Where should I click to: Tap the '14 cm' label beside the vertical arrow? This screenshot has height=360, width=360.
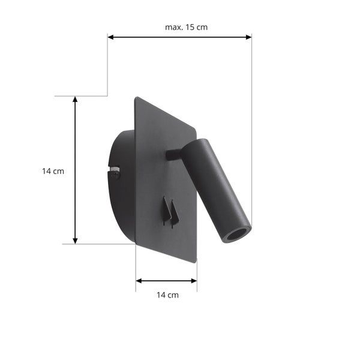coord(53,171)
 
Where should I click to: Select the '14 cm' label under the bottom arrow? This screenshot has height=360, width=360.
coord(167,295)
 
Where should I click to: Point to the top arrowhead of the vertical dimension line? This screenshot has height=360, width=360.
coord(75,100)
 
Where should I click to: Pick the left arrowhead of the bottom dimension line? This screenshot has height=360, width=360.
coord(139,280)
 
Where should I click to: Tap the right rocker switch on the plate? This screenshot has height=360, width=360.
coord(175,213)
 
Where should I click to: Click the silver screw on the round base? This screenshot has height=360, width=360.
coord(115,173)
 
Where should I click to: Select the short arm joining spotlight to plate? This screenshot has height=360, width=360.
coord(173,155)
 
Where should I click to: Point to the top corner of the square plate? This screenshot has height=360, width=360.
coord(136,98)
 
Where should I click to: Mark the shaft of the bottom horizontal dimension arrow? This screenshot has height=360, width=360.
coord(166,280)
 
